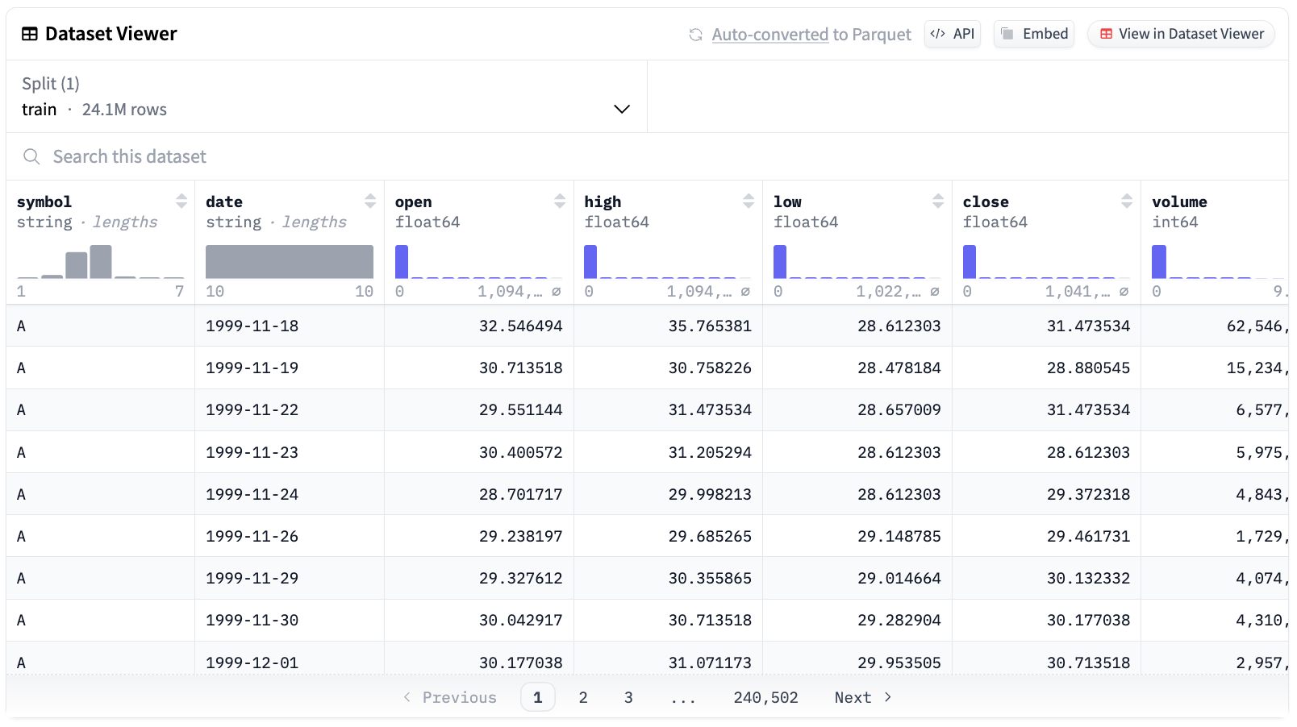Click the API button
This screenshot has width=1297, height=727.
pos(953,34)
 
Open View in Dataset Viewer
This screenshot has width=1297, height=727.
pos(1182,34)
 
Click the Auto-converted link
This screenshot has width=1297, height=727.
pos(769,35)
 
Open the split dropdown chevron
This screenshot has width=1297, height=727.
pos(622,109)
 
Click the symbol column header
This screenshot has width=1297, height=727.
pos(44,201)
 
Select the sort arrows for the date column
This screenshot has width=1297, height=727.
pos(370,201)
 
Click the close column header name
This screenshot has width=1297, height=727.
pos(986,201)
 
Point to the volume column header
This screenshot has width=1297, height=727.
pos(1179,201)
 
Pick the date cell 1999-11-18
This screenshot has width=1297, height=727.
pos(252,326)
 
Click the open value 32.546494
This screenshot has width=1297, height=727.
pos(520,326)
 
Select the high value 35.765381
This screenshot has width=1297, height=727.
pos(710,326)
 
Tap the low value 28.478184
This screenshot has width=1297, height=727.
pos(899,368)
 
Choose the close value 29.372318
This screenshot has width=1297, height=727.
pos(1088,494)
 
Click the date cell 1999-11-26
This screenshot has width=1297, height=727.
pos(252,536)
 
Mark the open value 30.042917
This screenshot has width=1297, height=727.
pos(520,620)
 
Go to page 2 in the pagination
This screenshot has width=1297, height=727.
pos(583,697)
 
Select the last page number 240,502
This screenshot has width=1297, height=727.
pos(765,697)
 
